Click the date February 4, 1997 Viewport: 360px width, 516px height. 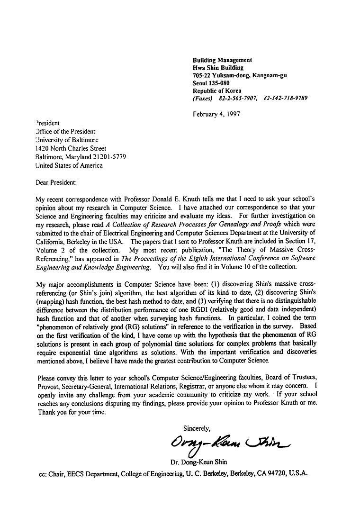pos(216,114)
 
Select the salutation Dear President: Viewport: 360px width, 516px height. pos(56,182)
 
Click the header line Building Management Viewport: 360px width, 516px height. pos(222,60)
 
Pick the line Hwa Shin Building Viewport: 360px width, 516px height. pos(218,68)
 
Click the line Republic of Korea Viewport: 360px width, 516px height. pos(217,91)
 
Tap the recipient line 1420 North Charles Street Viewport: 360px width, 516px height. pos(71,148)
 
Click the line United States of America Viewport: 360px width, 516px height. pos(69,165)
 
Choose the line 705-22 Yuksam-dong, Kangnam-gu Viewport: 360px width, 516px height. pos(239,75)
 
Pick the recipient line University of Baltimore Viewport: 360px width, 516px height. pos(67,140)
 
